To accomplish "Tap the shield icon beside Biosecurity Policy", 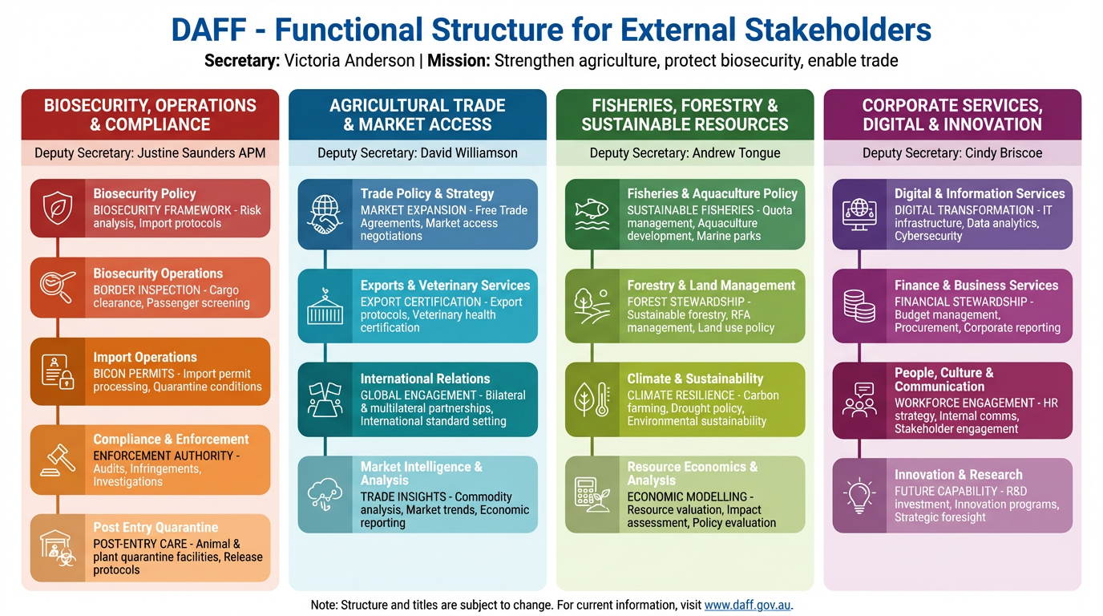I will click(58, 208).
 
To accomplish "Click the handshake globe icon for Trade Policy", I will click(325, 214).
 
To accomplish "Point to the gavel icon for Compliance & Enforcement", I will click(58, 460).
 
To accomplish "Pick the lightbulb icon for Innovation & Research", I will click(859, 495).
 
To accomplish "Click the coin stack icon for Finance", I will click(859, 306).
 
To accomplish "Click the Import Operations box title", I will click(145, 357).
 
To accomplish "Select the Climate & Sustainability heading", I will click(695, 379).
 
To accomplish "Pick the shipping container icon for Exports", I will click(325, 306).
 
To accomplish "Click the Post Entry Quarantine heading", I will click(156, 527).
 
